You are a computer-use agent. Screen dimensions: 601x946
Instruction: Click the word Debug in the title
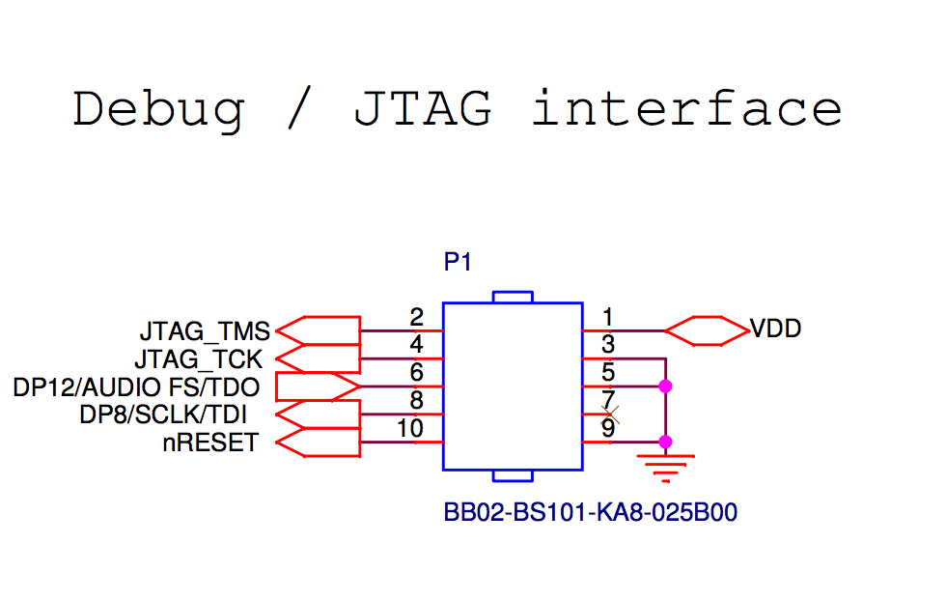coord(158,108)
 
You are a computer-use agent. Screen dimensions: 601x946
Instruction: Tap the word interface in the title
coord(686,108)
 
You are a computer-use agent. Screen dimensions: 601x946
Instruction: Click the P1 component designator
coord(459,262)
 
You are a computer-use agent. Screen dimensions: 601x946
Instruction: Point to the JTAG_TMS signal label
coord(205,332)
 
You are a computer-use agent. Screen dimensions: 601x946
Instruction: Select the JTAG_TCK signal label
coord(198,360)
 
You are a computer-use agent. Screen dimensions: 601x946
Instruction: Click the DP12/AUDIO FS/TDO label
coord(136,387)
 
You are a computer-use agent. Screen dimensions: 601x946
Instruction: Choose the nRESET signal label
coord(210,444)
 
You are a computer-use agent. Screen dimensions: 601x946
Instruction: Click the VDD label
coord(776,329)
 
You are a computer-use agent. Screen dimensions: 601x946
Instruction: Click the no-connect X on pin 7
coord(610,415)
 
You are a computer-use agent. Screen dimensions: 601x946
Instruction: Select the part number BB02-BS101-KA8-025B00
coord(590,512)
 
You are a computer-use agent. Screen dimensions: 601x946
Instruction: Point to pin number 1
coord(608,317)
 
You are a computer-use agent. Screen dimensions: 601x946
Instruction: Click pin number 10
coord(410,428)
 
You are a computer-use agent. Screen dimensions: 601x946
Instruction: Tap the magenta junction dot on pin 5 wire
coord(665,386)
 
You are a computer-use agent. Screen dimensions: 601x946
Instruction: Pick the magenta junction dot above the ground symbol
coord(665,442)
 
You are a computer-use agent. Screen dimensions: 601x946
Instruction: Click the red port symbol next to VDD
coord(708,330)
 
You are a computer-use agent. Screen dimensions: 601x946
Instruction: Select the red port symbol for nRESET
coord(318,443)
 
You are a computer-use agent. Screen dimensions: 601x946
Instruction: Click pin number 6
coord(417,373)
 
